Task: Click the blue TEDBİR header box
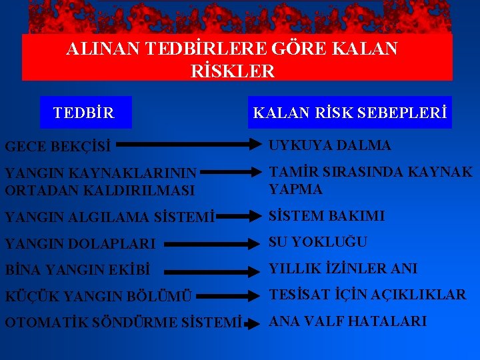pos(85,113)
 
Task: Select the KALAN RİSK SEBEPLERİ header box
pos(350,113)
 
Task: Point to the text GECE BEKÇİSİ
pos(57,145)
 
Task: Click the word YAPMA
pos(296,189)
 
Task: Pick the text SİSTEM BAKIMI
pos(327,216)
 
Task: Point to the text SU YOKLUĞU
pos(318,242)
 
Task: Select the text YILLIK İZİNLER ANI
pos(343,269)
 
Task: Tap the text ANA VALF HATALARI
pos(347,321)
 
